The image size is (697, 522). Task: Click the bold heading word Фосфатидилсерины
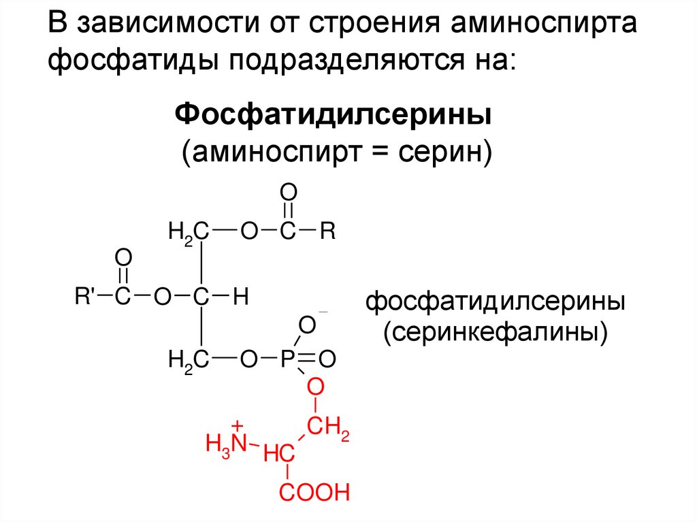pyautogui.click(x=334, y=113)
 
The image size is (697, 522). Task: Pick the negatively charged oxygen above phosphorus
pyautogui.click(x=307, y=325)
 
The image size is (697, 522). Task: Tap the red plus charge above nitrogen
pyautogui.click(x=237, y=423)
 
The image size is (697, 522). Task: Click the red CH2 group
pyautogui.click(x=327, y=429)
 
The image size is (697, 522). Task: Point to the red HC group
pyautogui.click(x=280, y=453)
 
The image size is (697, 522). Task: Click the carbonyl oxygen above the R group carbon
pyautogui.click(x=288, y=191)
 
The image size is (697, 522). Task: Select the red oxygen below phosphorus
pyautogui.click(x=314, y=388)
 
